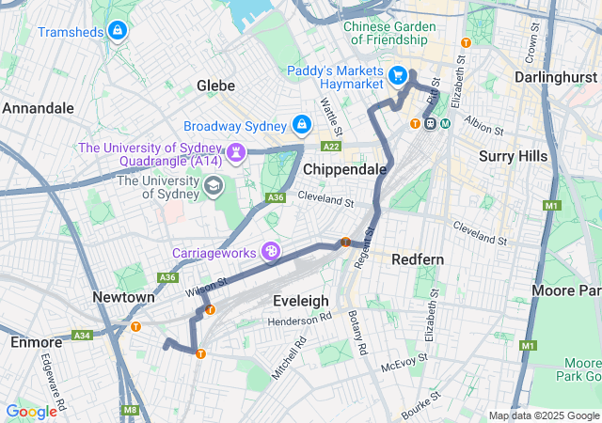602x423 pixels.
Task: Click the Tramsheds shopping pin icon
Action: (117, 32)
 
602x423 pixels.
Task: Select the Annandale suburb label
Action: (38, 108)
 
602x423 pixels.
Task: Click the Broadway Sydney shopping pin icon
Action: (301, 124)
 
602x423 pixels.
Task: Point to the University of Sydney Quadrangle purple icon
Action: (236, 150)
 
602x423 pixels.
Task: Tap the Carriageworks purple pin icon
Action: (272, 251)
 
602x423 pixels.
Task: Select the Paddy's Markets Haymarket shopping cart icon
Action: (398, 74)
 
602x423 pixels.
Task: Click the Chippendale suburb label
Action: (345, 168)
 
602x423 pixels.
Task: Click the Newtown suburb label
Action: (123, 297)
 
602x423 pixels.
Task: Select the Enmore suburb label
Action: (36, 341)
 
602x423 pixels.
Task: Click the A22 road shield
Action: (331, 147)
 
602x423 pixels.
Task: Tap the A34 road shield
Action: (83, 335)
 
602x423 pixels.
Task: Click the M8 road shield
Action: (130, 410)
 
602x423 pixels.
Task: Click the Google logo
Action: (31, 411)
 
